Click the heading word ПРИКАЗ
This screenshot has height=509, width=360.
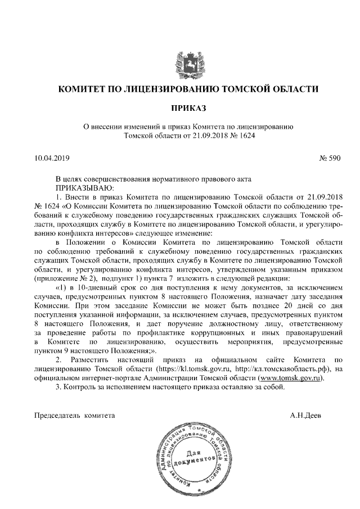180,107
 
